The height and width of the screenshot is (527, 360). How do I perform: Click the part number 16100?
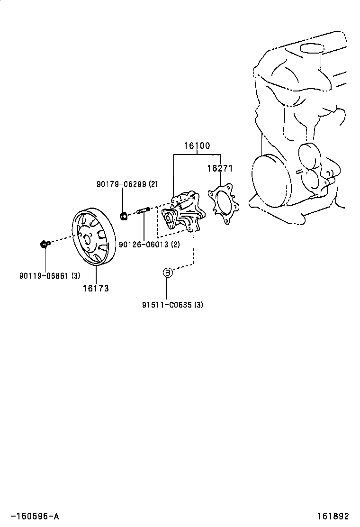click(197, 146)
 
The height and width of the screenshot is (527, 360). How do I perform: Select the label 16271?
click(220, 168)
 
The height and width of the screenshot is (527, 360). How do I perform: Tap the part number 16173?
click(96, 288)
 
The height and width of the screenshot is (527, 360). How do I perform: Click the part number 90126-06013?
click(144, 245)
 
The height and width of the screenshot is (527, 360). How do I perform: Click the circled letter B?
click(168, 273)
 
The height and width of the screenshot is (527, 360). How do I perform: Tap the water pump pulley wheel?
click(94, 237)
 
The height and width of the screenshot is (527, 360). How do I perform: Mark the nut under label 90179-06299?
click(124, 216)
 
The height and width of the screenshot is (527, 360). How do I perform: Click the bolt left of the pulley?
click(45, 244)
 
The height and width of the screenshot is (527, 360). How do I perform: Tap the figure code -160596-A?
click(35, 516)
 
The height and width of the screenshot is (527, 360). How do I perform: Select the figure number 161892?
click(333, 516)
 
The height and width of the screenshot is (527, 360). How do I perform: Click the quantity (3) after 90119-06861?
click(76, 276)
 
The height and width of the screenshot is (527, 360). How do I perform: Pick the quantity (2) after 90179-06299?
click(153, 184)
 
